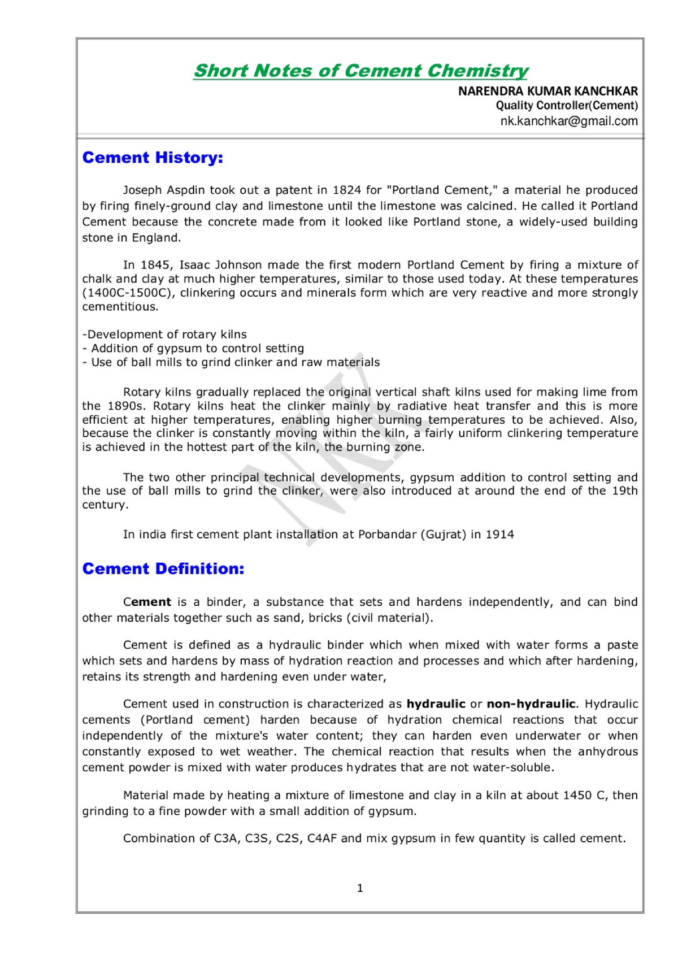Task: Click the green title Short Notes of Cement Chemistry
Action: click(x=360, y=71)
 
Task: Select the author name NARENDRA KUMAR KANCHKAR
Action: click(x=547, y=91)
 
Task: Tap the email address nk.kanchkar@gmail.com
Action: click(x=568, y=121)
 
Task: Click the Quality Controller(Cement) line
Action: click(x=566, y=106)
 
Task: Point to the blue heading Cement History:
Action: click(x=153, y=158)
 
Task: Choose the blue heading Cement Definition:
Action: click(x=163, y=569)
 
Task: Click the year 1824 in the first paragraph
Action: click(x=346, y=190)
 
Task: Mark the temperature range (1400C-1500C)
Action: click(x=128, y=293)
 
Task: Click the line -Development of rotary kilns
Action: click(x=164, y=335)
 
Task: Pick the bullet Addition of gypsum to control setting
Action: click(x=197, y=349)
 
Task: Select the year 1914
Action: click(x=499, y=535)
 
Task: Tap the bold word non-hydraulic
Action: click(x=531, y=704)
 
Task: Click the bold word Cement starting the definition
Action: click(x=147, y=602)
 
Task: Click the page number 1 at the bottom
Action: click(x=360, y=888)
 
